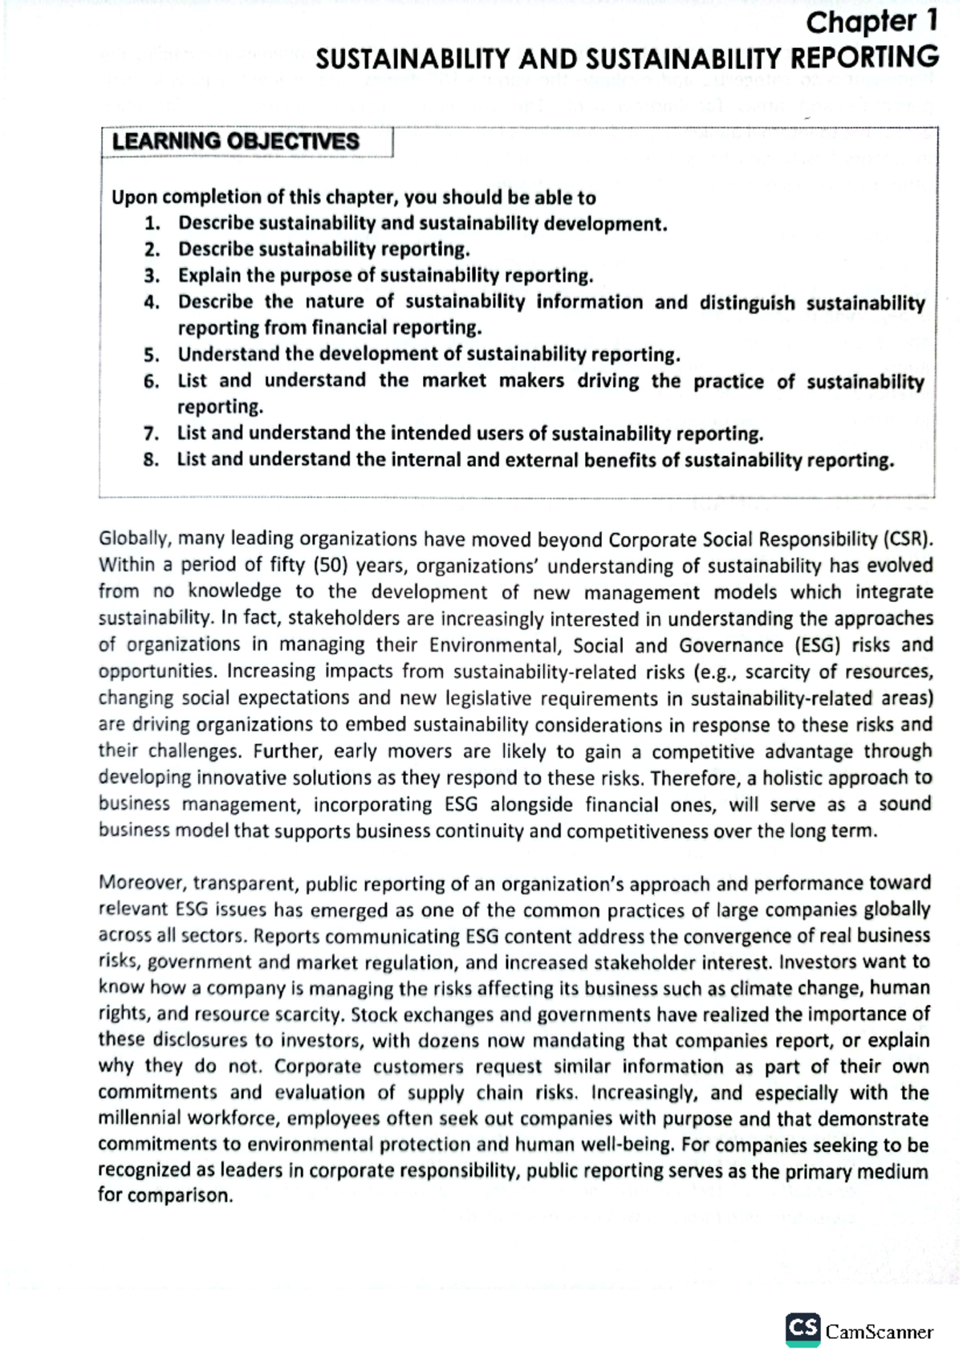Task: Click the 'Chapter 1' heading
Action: point(872,22)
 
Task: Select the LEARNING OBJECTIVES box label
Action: point(235,142)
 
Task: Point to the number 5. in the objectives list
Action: point(152,355)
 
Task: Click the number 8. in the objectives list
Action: point(152,461)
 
